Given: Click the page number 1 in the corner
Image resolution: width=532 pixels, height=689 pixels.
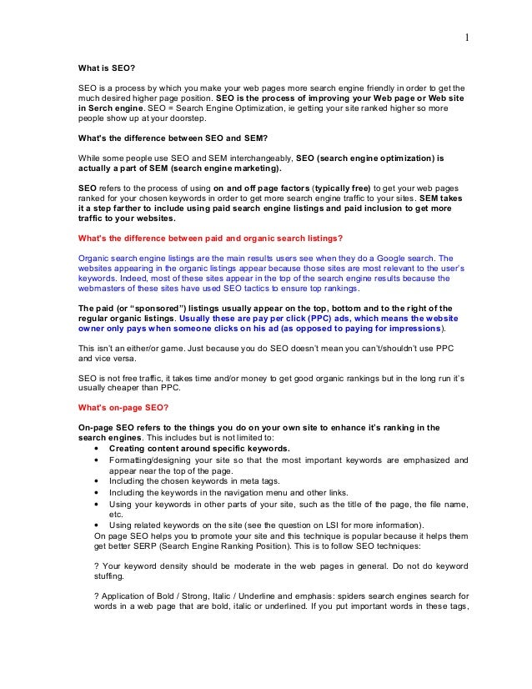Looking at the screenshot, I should point(466,37).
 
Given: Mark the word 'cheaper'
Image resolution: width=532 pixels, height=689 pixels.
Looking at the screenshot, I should point(118,388).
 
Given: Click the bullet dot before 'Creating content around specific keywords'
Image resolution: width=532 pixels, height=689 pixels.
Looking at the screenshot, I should point(100,447).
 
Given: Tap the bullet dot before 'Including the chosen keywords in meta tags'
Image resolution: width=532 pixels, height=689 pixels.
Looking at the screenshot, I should point(100,480).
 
